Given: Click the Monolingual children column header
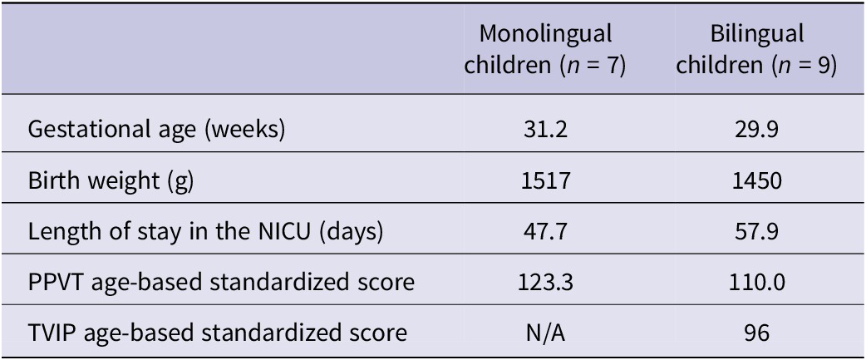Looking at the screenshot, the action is pos(546,50).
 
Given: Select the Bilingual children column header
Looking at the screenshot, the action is pos(757,50).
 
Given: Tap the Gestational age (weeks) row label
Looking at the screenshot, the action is pos(156,131).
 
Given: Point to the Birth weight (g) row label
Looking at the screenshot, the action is pos(111,181).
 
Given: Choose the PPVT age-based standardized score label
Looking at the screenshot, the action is pos(221,283).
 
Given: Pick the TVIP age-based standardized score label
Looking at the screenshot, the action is pos(217,333).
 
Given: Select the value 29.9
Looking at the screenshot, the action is pos(757,131).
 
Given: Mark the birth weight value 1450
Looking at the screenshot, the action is pos(757,181).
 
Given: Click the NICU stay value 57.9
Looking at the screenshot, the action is pos(757,232).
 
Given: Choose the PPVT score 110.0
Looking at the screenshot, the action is pos(757,283).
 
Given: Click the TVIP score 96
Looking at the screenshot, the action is pos(757,333).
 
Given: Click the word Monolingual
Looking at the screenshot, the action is pos(546,35).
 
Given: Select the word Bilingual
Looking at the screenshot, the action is pos(757,35).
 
